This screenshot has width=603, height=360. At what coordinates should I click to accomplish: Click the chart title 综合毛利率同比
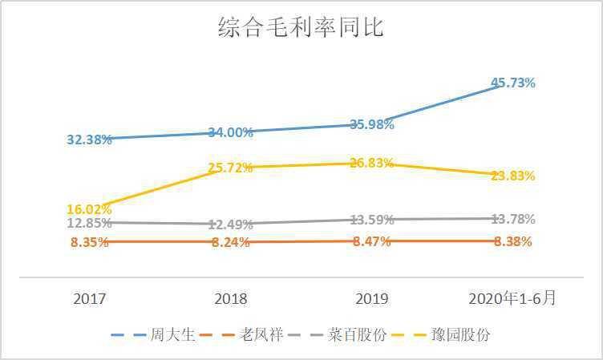[x=301, y=27]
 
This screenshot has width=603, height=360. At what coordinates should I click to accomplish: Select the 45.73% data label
[x=512, y=83]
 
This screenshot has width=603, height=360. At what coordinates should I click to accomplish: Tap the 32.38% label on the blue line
[x=89, y=140]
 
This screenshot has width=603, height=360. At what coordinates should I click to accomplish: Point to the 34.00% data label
[x=231, y=132]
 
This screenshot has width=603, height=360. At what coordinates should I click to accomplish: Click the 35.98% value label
[x=372, y=124]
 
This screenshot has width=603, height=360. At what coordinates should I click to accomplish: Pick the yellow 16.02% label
[x=89, y=209]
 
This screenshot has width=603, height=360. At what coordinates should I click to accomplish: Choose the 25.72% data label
[x=231, y=168]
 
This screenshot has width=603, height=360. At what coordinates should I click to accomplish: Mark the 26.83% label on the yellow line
[x=372, y=163]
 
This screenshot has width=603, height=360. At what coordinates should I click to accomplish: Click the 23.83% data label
[x=512, y=176]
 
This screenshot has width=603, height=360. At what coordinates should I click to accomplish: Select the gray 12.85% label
[x=89, y=223]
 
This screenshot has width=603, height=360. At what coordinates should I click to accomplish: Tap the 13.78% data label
[x=512, y=219]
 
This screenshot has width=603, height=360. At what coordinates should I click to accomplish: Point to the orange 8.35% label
[x=89, y=242]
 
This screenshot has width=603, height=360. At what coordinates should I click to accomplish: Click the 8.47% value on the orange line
[x=372, y=241]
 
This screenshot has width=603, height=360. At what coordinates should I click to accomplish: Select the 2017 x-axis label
[x=89, y=299]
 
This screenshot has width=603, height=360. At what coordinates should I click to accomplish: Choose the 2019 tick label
[x=372, y=299]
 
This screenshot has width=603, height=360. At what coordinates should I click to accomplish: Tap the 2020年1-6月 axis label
[x=512, y=298]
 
